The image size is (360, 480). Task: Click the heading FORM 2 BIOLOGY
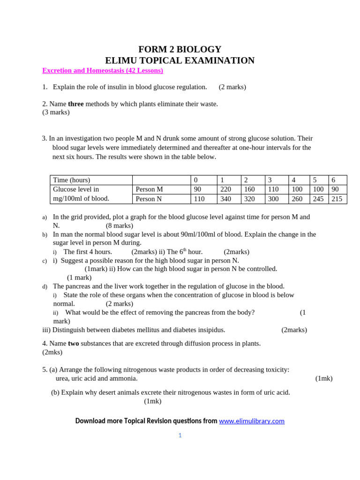point(180,49)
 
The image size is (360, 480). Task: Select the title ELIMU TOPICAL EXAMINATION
point(180,60)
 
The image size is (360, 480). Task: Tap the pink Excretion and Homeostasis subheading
point(103,71)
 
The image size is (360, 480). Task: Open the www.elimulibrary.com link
point(252,421)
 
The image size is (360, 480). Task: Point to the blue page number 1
point(180,435)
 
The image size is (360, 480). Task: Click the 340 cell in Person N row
point(227,199)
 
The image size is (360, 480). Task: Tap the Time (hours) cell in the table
point(72,180)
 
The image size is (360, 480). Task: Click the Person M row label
point(150,189)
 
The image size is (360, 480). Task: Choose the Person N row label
point(149,199)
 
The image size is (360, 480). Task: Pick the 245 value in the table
point(318,199)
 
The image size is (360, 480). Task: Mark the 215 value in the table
point(337,199)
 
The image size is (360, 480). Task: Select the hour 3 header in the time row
point(270,180)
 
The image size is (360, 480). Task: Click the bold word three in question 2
point(76,104)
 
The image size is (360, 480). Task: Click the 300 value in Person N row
point(273,199)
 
